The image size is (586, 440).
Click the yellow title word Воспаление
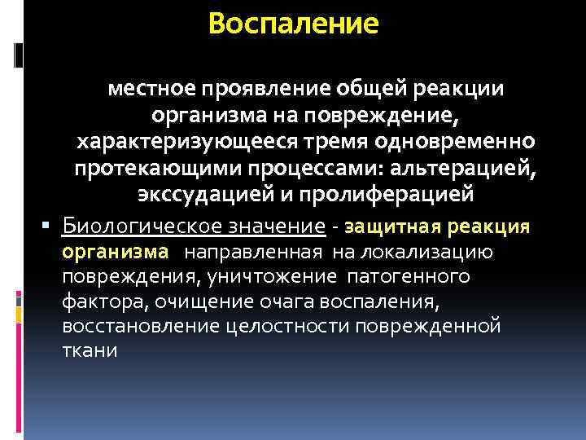point(293,23)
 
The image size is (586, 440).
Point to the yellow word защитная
point(390,226)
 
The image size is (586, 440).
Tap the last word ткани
point(90,352)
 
